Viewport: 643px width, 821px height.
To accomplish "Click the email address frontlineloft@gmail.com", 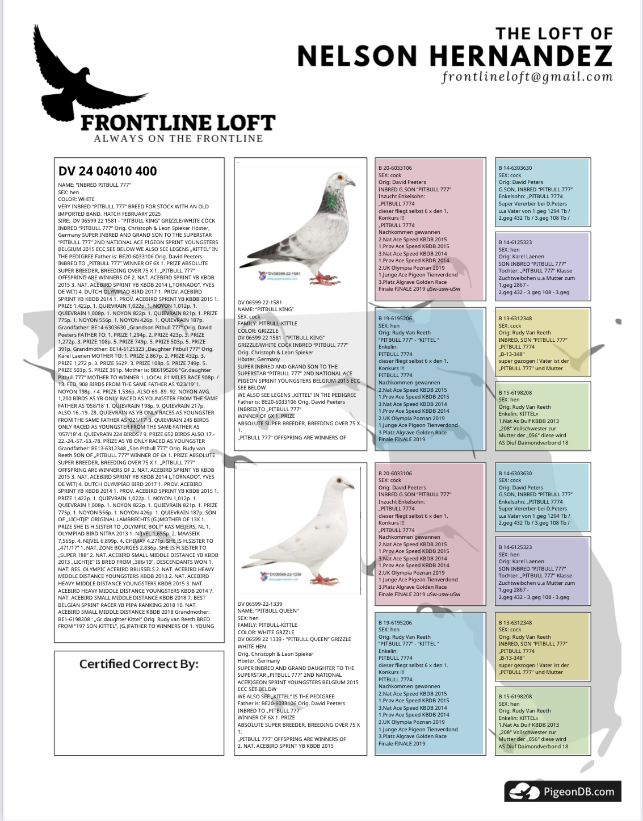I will point(527,77).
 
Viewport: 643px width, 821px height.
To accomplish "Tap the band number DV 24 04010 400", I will point(108,171).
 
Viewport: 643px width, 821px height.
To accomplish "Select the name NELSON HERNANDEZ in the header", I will point(455,56).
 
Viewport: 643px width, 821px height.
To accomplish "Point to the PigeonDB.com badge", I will point(562,791).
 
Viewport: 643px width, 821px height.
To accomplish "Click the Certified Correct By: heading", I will point(139,664).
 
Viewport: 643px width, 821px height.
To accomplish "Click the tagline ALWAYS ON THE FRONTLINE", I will point(178,139).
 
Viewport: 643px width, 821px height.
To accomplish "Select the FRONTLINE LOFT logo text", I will point(178,123).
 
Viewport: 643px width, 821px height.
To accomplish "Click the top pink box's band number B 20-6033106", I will point(395,168).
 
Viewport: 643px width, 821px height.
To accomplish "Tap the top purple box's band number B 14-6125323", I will point(515,242).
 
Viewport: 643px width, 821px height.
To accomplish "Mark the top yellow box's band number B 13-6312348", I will point(515,319).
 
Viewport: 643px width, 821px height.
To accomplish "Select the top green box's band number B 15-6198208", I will point(515,393).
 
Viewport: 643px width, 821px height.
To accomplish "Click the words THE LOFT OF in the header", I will point(554,34).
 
